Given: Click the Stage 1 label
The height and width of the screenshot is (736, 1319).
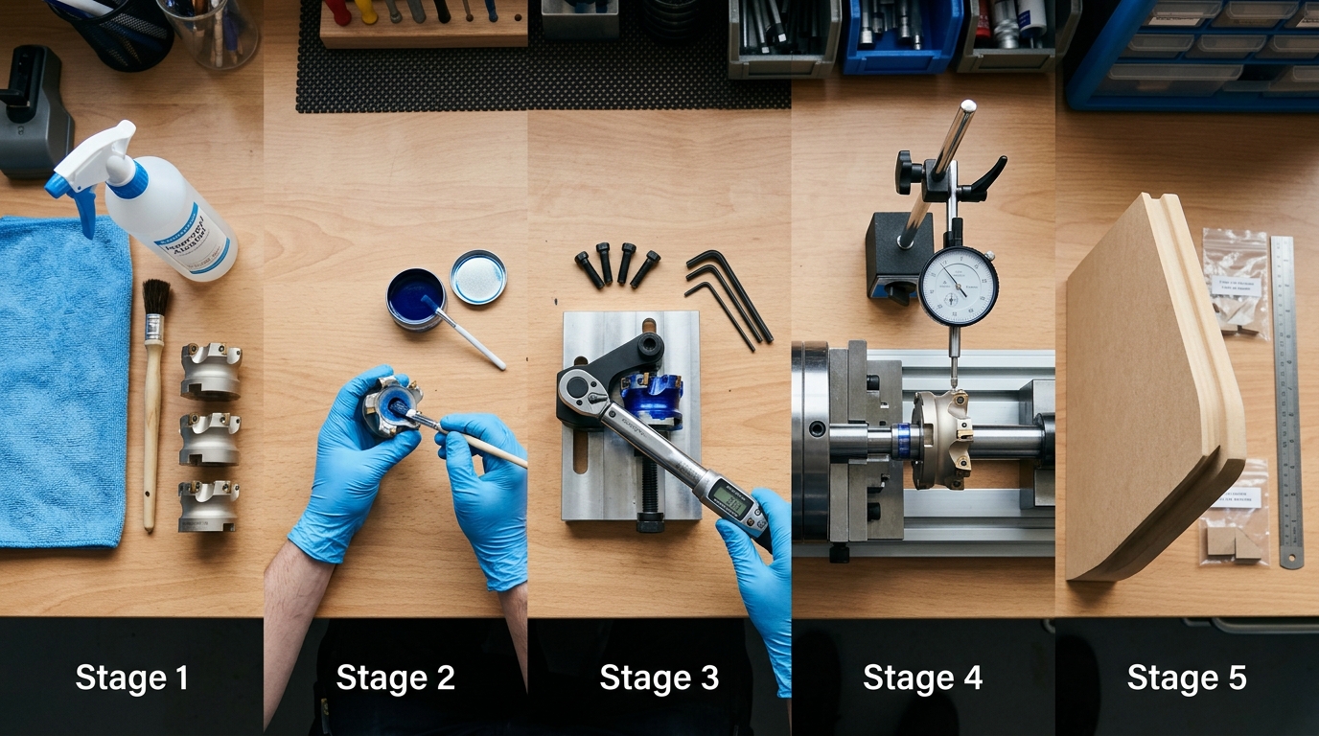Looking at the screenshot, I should click(131, 678).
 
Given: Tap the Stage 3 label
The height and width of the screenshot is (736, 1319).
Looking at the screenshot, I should click(659, 678).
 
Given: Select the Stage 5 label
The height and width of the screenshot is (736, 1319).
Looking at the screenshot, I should click(1186, 678).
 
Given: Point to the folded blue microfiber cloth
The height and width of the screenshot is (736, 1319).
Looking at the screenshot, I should click(63, 383).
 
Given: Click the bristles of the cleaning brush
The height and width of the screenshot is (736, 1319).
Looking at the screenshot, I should click(156, 300).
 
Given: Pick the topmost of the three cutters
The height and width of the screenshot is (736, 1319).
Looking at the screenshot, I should click(211, 370).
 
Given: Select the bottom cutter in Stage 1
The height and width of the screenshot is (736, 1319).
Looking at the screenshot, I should click(208, 506).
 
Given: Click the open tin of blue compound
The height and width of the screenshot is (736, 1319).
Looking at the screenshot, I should click(415, 297).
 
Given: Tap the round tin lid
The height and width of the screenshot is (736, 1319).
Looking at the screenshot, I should click(478, 277).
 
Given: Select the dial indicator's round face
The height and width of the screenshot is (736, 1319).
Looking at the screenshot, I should click(958, 286).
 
